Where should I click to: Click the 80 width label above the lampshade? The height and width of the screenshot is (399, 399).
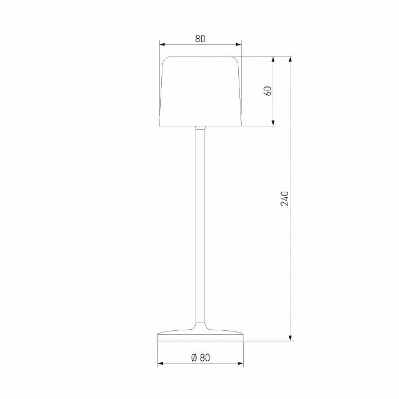(200, 38)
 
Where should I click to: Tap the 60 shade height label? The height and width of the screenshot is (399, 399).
(268, 91)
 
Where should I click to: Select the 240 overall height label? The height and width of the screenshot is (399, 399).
(285, 198)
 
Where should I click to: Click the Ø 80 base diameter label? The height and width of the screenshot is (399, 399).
(200, 357)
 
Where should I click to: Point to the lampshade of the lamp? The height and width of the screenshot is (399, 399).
(200, 91)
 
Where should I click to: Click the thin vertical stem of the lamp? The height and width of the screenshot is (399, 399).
(201, 222)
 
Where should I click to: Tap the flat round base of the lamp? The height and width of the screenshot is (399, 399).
(201, 336)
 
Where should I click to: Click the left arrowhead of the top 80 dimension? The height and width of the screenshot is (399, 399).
(162, 44)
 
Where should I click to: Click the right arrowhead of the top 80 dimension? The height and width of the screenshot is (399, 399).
(239, 44)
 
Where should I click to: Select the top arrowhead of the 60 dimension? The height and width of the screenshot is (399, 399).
(274, 59)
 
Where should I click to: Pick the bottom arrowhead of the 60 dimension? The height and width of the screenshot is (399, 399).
(274, 123)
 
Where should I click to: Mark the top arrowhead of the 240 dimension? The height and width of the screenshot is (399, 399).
(290, 59)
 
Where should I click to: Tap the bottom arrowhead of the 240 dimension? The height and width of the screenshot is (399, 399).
(290, 337)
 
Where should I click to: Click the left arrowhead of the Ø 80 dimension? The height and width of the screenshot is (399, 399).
(161, 364)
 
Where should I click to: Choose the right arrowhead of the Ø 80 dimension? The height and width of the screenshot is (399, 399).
(240, 364)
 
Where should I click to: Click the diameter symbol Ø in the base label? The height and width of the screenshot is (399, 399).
(194, 357)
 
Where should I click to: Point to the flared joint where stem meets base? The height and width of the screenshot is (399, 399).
(201, 327)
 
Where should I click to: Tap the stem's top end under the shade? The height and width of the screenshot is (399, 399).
(201, 129)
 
